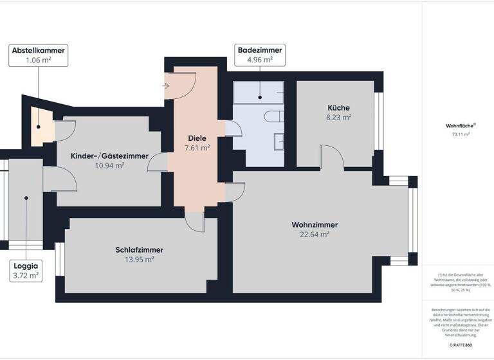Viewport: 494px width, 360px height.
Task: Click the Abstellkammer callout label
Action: (39, 55)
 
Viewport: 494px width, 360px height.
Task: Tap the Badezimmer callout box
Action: (260, 55)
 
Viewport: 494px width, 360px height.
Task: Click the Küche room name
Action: (338, 107)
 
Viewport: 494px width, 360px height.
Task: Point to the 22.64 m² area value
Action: (315, 235)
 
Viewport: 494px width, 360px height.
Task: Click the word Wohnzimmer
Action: (315, 224)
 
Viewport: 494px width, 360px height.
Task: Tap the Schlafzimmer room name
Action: (140, 249)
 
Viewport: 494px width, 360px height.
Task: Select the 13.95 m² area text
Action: (140, 260)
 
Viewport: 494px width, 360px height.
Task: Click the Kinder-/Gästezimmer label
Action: (109, 156)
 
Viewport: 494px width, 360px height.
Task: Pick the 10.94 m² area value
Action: (109, 166)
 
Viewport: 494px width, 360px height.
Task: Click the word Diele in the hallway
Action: (197, 138)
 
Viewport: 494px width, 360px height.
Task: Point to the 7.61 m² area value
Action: (197, 148)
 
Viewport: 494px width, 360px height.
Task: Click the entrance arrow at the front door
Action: (165, 84)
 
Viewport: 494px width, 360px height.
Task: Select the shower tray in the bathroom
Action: (259, 94)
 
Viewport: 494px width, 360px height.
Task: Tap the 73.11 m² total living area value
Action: (461, 135)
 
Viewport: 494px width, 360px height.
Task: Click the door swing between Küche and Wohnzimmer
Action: (332, 157)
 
